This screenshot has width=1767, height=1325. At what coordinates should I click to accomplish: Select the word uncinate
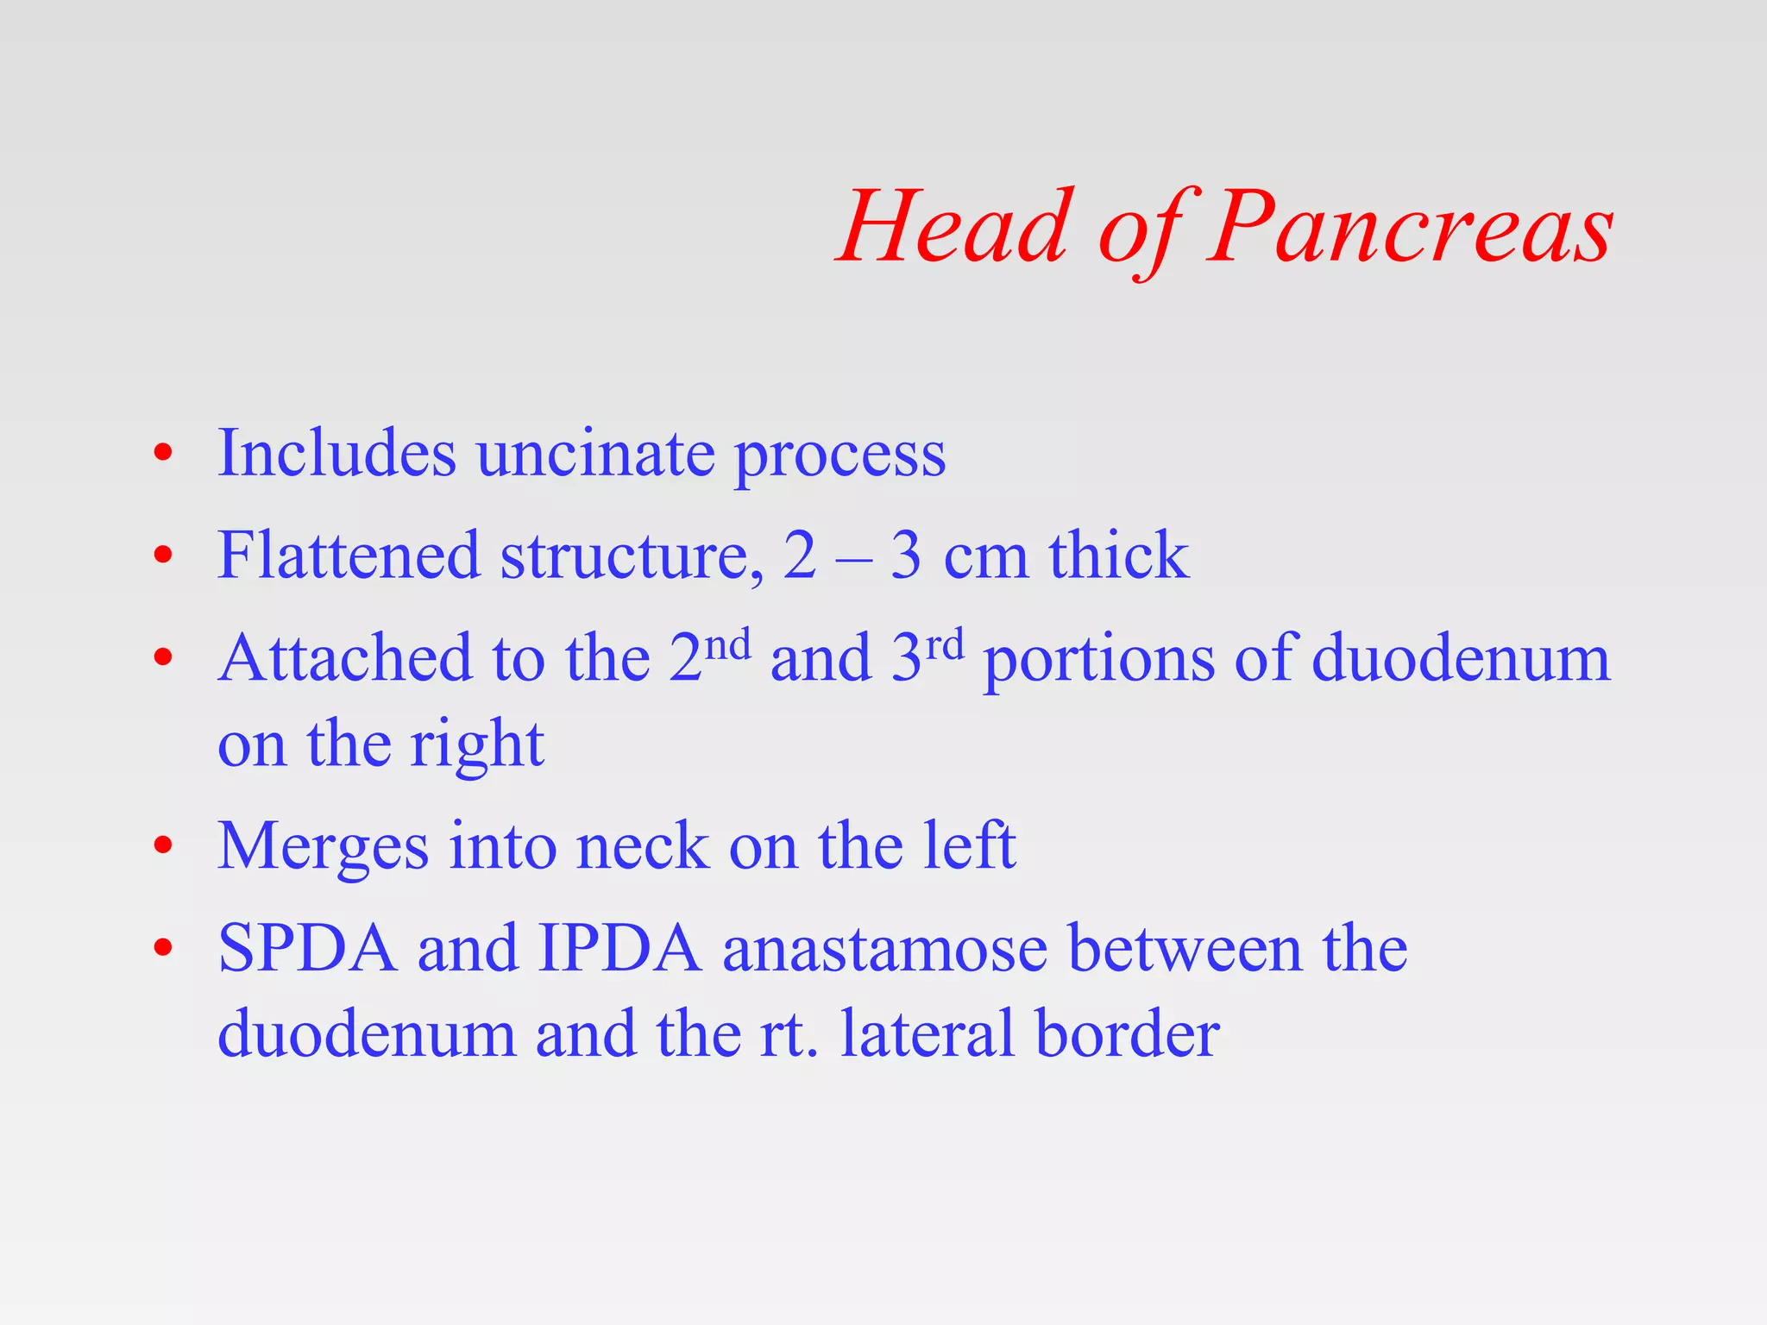595,454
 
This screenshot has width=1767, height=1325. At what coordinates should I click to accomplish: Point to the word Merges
323,848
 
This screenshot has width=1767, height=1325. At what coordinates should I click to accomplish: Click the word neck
642,846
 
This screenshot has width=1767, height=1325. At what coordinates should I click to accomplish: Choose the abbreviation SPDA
307,949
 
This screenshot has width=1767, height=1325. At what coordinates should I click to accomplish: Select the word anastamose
884,949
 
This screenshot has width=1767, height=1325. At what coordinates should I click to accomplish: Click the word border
1128,1033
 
